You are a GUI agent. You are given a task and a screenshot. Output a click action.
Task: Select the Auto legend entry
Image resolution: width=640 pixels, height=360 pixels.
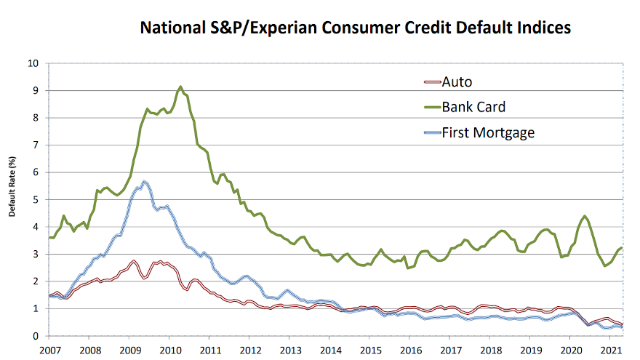pyautogui.click(x=457, y=81)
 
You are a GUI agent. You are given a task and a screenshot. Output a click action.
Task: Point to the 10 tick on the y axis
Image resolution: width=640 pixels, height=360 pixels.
pyautogui.click(x=33, y=63)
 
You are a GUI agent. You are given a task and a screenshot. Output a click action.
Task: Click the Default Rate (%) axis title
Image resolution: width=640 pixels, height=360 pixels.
pyautogui.click(x=12, y=186)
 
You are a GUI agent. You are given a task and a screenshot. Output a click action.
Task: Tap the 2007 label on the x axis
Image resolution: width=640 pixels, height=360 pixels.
pyautogui.click(x=49, y=350)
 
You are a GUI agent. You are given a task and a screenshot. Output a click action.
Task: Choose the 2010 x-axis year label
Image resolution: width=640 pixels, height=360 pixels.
pyautogui.click(x=169, y=350)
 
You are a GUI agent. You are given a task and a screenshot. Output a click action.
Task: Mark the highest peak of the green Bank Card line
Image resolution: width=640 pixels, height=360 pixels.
pyautogui.click(x=180, y=87)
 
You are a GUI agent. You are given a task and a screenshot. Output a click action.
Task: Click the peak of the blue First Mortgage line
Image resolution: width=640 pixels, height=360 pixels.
pyautogui.click(x=145, y=181)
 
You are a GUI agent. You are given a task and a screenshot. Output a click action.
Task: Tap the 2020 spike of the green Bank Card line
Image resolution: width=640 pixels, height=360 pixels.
pyautogui.click(x=585, y=216)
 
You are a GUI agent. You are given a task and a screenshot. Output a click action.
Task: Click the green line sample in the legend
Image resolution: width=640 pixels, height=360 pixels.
pyautogui.click(x=431, y=107)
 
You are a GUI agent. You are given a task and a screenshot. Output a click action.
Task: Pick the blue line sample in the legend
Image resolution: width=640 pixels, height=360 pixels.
pyautogui.click(x=431, y=132)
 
